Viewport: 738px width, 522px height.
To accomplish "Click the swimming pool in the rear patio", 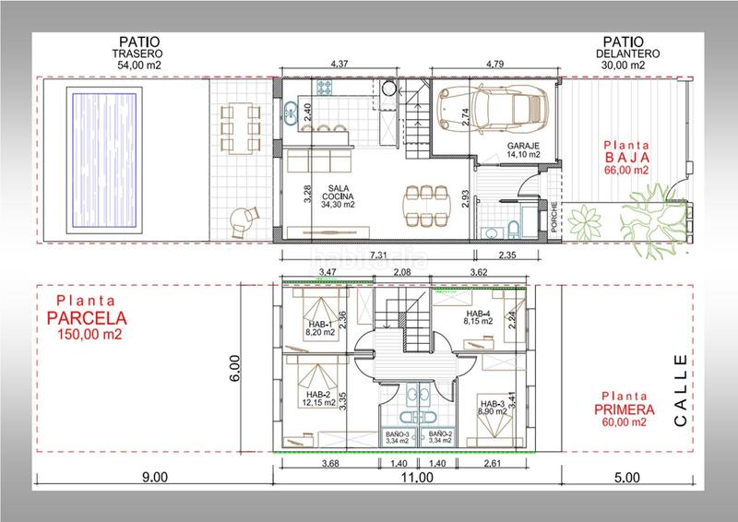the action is (x=104, y=160).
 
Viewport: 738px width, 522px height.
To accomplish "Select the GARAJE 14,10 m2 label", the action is (x=523, y=150).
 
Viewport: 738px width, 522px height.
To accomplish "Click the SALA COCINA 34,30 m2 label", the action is (x=338, y=196).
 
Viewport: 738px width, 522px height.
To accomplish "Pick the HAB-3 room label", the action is (x=493, y=403).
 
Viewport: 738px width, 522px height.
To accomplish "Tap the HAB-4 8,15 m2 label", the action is (x=479, y=317).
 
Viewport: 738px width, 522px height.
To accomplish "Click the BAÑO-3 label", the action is (x=398, y=433).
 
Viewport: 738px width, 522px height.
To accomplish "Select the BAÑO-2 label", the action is (x=441, y=433).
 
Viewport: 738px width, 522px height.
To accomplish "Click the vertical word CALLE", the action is (x=681, y=390).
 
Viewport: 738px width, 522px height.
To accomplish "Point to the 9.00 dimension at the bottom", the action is (x=155, y=478).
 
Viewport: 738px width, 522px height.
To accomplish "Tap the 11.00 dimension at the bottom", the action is (x=417, y=478).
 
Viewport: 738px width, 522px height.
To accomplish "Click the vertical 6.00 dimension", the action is (x=234, y=368).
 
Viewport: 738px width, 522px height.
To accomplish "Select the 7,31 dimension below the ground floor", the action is (x=378, y=255).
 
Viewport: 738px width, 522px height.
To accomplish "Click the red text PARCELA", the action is (x=87, y=318).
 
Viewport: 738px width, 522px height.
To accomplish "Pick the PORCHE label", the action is (x=554, y=217).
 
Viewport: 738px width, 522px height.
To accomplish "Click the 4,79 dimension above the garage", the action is (x=494, y=64).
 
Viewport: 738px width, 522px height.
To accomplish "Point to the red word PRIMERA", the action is (x=625, y=409).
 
